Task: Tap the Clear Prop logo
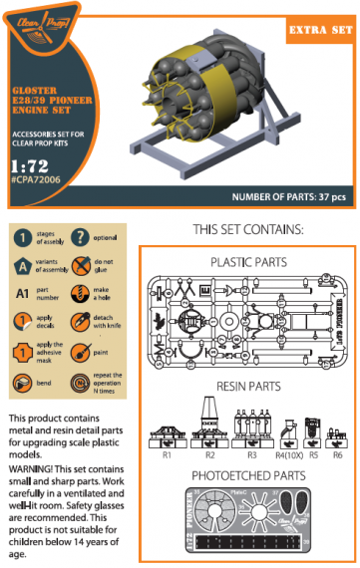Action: click(41, 33)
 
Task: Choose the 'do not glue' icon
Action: click(83, 267)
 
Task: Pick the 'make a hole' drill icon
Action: click(83, 296)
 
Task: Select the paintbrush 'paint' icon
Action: click(83, 354)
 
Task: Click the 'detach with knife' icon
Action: click(83, 325)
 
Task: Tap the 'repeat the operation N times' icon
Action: click(83, 383)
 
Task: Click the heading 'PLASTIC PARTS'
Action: click(249, 262)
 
